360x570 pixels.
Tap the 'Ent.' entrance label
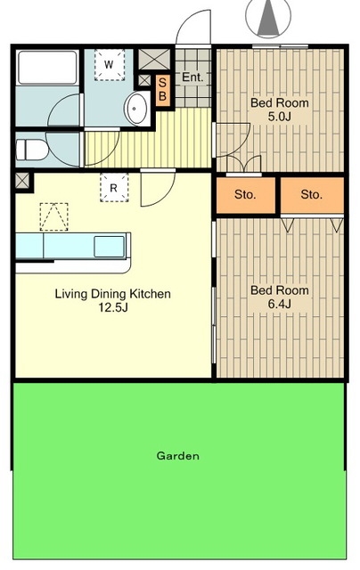pyautogui.click(x=192, y=77)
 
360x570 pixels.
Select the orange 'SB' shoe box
pyautogui.click(x=162, y=90)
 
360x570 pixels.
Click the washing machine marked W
pyautogui.click(x=110, y=65)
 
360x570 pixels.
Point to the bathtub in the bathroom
pyautogui.click(x=47, y=68)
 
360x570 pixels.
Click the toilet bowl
pyautogui.click(x=31, y=150)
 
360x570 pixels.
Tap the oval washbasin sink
pyautogui.click(x=135, y=109)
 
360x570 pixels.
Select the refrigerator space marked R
pyautogui.click(x=114, y=188)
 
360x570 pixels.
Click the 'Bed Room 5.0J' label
pyautogui.click(x=279, y=110)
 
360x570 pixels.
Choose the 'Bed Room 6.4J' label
pyautogui.click(x=279, y=297)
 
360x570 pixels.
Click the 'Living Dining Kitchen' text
pyautogui.click(x=113, y=294)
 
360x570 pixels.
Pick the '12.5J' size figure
pyautogui.click(x=113, y=307)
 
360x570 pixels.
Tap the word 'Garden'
pyautogui.click(x=178, y=455)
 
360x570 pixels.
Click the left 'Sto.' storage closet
pyautogui.click(x=245, y=195)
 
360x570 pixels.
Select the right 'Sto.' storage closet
pyautogui.click(x=312, y=195)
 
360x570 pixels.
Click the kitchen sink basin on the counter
pyautogui.click(x=109, y=246)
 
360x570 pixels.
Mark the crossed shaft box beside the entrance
pyautogui.click(x=154, y=59)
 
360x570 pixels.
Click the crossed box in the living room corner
pyautogui.click(x=22, y=181)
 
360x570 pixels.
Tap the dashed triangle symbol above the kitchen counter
pyautogui.click(x=53, y=216)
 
